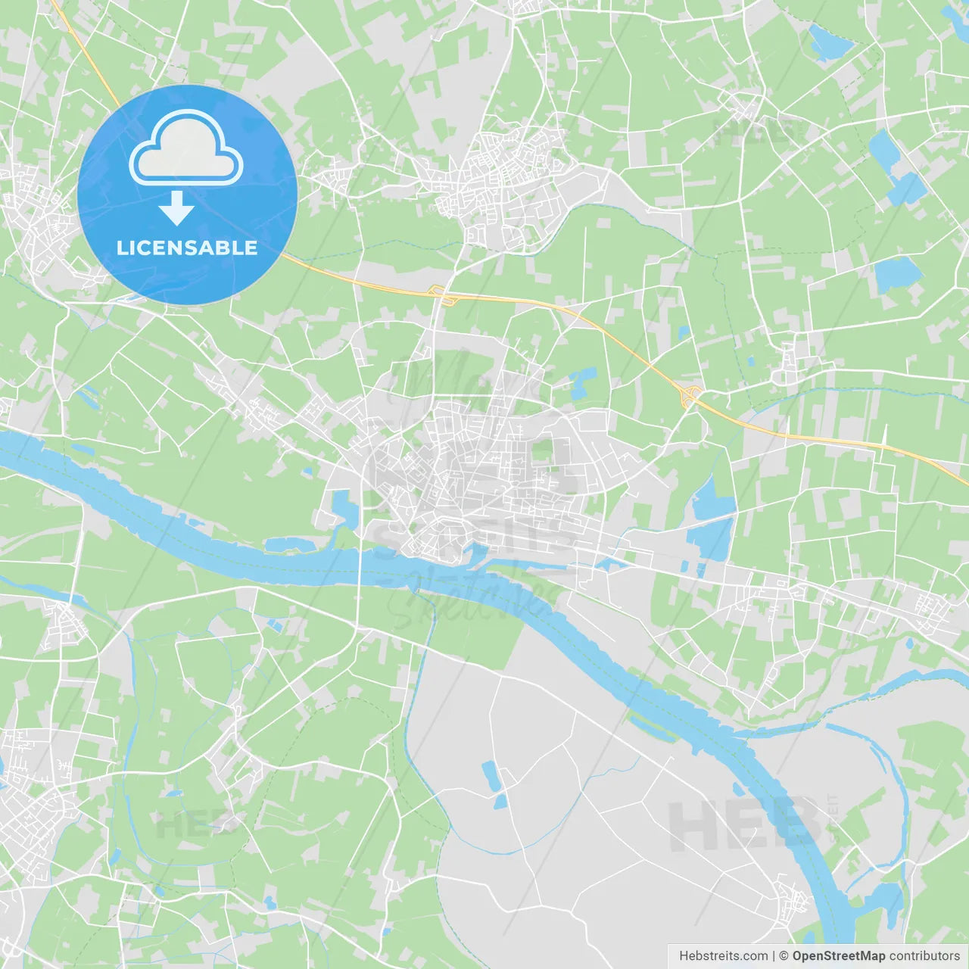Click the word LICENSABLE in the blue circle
[187, 248]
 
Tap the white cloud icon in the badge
[186, 148]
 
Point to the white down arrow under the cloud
[177, 208]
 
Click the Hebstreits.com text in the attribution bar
[723, 956]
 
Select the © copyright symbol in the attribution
[784, 956]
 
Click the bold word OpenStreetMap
[838, 956]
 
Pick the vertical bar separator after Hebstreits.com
[774, 956]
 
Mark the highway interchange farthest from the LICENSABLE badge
[690, 394]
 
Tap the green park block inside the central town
[542, 451]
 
